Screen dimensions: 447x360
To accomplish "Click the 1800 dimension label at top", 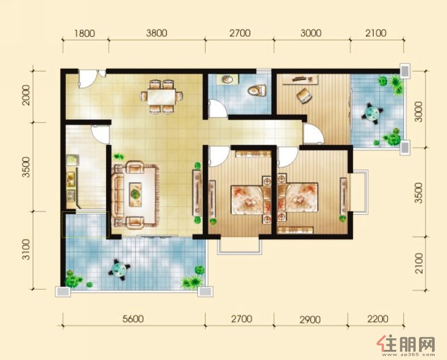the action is click(85, 34).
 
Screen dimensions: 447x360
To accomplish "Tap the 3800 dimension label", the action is click(156, 33).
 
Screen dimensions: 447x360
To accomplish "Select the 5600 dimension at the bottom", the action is click(133, 319).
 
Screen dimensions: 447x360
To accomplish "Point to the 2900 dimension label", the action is click(310, 320).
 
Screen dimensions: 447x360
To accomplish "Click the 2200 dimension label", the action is click(378, 319).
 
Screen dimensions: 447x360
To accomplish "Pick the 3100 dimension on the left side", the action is click(26, 250).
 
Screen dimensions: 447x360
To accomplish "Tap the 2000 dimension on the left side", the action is click(26, 95).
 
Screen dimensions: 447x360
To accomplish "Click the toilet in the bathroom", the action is click(256, 91).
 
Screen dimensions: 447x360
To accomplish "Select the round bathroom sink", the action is click(227, 79).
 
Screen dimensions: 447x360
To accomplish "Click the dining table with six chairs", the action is click(161, 97).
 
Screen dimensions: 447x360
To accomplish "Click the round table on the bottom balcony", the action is click(118, 268).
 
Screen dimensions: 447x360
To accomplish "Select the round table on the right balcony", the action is click(372, 112).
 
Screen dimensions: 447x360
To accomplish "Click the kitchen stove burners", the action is click(71, 196).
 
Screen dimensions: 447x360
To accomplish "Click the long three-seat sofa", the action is click(117, 195).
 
